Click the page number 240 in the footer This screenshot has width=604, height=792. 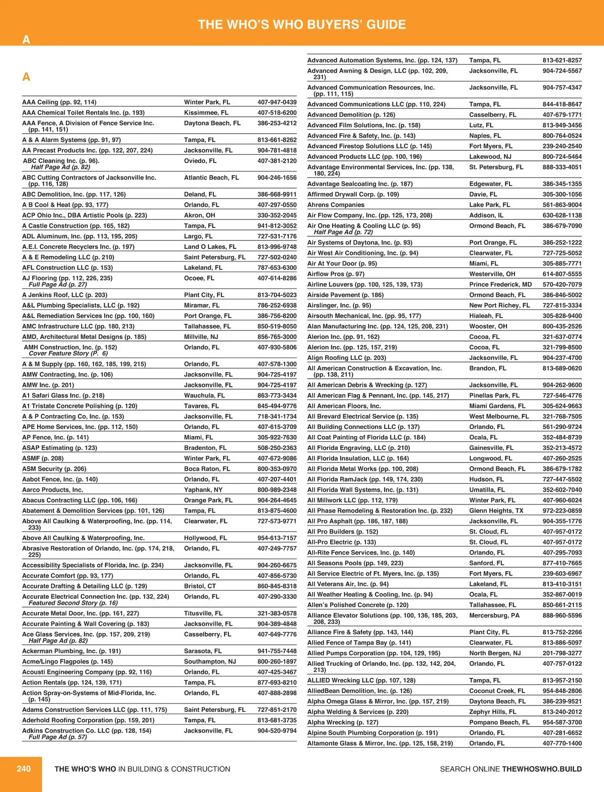24,768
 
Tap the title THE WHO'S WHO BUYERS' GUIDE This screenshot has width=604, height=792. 302,25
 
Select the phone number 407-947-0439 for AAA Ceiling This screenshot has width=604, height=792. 277,102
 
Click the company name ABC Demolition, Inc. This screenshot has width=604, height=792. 74,194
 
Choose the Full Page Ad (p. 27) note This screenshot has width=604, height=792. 58,285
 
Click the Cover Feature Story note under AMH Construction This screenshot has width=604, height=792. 68,354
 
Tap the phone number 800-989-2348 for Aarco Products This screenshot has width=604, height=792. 277,490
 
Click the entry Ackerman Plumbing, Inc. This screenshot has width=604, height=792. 71,651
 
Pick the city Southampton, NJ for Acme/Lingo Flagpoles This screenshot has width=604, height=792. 210,661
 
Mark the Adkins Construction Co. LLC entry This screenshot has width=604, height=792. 87,731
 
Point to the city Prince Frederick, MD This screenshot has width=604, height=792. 500,284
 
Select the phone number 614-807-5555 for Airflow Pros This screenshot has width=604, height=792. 562,274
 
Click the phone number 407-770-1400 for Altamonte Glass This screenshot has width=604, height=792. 562,743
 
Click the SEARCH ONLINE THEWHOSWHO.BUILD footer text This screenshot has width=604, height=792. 510,769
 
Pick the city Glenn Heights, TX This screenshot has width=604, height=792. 496,510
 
